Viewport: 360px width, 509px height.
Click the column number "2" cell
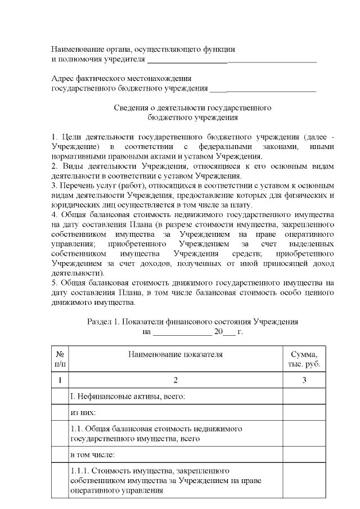point(175,381)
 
